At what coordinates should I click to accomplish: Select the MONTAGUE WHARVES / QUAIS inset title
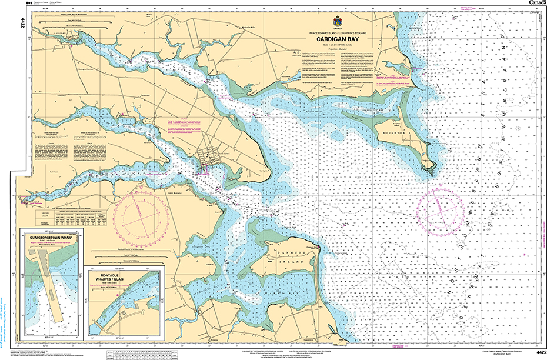pos(125,275)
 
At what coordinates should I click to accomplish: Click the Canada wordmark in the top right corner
pos(537,3)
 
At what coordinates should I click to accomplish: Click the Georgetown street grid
pos(206,159)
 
